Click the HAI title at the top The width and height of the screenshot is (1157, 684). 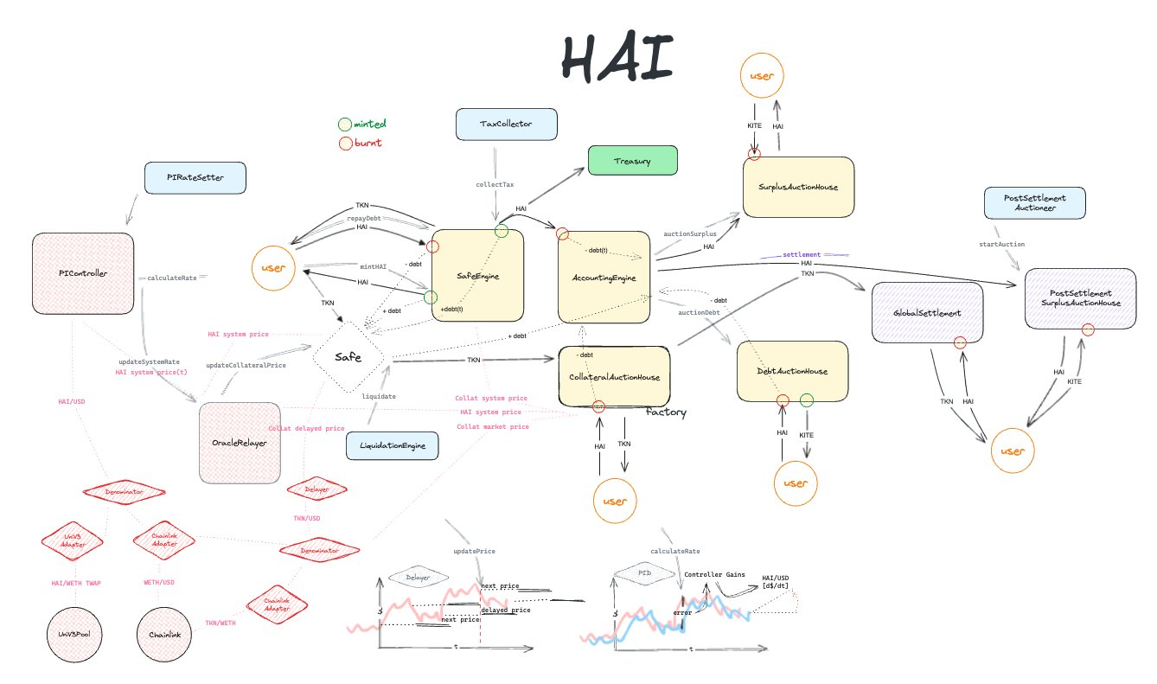pyautogui.click(x=617, y=61)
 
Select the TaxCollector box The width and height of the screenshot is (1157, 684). pyautogui.click(x=506, y=125)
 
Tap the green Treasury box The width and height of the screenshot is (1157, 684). pyautogui.click(x=631, y=161)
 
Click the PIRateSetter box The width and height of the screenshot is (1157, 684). pyautogui.click(x=195, y=178)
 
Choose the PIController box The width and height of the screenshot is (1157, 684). pyautogui.click(x=83, y=273)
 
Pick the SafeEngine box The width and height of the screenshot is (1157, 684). pyautogui.click(x=477, y=275)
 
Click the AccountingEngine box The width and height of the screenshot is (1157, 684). pyautogui.click(x=604, y=277)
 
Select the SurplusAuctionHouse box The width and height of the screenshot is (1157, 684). pyautogui.click(x=798, y=187)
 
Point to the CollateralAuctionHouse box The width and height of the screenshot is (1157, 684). pyautogui.click(x=615, y=376)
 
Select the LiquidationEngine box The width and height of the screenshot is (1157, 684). pyautogui.click(x=392, y=446)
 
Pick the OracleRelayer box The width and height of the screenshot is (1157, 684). pyautogui.click(x=239, y=443)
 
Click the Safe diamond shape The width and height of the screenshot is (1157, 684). pyautogui.click(x=348, y=357)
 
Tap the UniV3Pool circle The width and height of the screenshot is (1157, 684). pyautogui.click(x=74, y=634)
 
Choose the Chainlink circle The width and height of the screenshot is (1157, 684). pyautogui.click(x=163, y=634)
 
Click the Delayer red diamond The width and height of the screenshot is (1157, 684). pyautogui.click(x=316, y=489)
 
